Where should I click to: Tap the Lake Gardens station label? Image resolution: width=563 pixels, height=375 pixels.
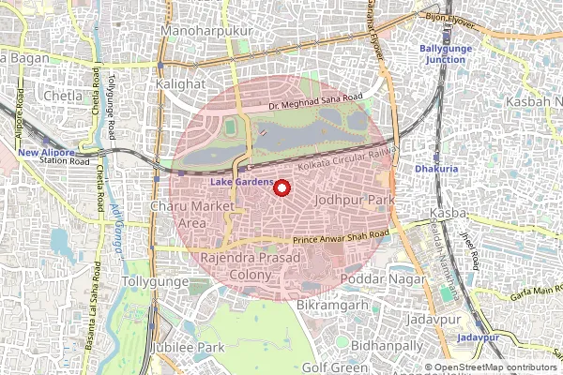(x=241, y=181)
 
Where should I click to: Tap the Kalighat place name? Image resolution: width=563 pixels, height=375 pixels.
(x=183, y=83)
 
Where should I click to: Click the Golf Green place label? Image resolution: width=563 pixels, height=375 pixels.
(x=328, y=367)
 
